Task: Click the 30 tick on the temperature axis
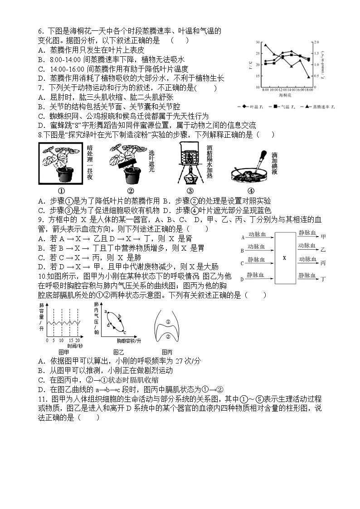point(258,42)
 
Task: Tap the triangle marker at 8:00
point(266,45)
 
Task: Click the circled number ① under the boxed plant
point(61,190)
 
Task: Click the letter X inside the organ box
point(284,257)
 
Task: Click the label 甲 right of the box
point(323,237)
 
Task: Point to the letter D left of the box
point(243,279)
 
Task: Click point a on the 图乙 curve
point(106,312)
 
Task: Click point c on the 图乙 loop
point(124,332)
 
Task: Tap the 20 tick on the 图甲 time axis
point(78,340)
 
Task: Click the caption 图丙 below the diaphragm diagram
point(167,352)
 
